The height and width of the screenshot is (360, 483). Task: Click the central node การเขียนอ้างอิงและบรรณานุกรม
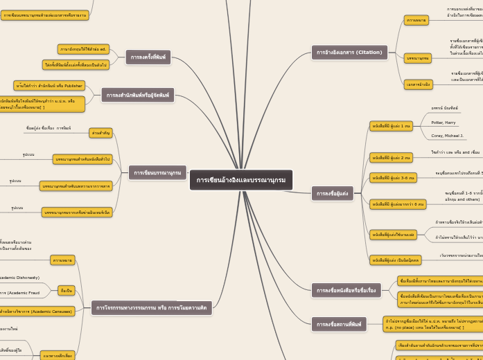[240, 180]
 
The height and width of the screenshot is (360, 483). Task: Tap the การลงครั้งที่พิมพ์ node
[148, 57]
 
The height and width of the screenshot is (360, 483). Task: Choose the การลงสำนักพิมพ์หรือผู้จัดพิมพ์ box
[138, 95]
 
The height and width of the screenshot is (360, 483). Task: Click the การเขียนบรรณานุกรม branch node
[157, 172]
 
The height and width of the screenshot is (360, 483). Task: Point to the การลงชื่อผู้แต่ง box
[333, 194]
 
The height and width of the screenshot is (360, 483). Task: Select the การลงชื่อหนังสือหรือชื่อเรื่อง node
[346, 290]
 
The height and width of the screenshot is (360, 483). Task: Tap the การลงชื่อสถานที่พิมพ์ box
[338, 324]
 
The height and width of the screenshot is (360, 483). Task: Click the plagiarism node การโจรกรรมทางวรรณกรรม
[151, 307]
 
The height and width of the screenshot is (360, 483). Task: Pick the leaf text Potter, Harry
[444, 122]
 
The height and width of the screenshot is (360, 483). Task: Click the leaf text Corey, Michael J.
[447, 136]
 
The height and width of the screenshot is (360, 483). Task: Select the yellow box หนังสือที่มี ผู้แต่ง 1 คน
[391, 126]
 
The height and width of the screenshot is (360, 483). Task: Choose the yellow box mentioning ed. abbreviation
[83, 49]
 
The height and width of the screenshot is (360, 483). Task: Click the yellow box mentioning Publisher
[49, 86]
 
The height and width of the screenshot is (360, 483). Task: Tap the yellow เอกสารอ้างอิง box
[418, 84]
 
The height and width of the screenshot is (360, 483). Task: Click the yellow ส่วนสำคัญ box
[100, 133]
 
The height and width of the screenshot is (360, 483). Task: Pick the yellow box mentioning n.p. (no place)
[433, 324]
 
